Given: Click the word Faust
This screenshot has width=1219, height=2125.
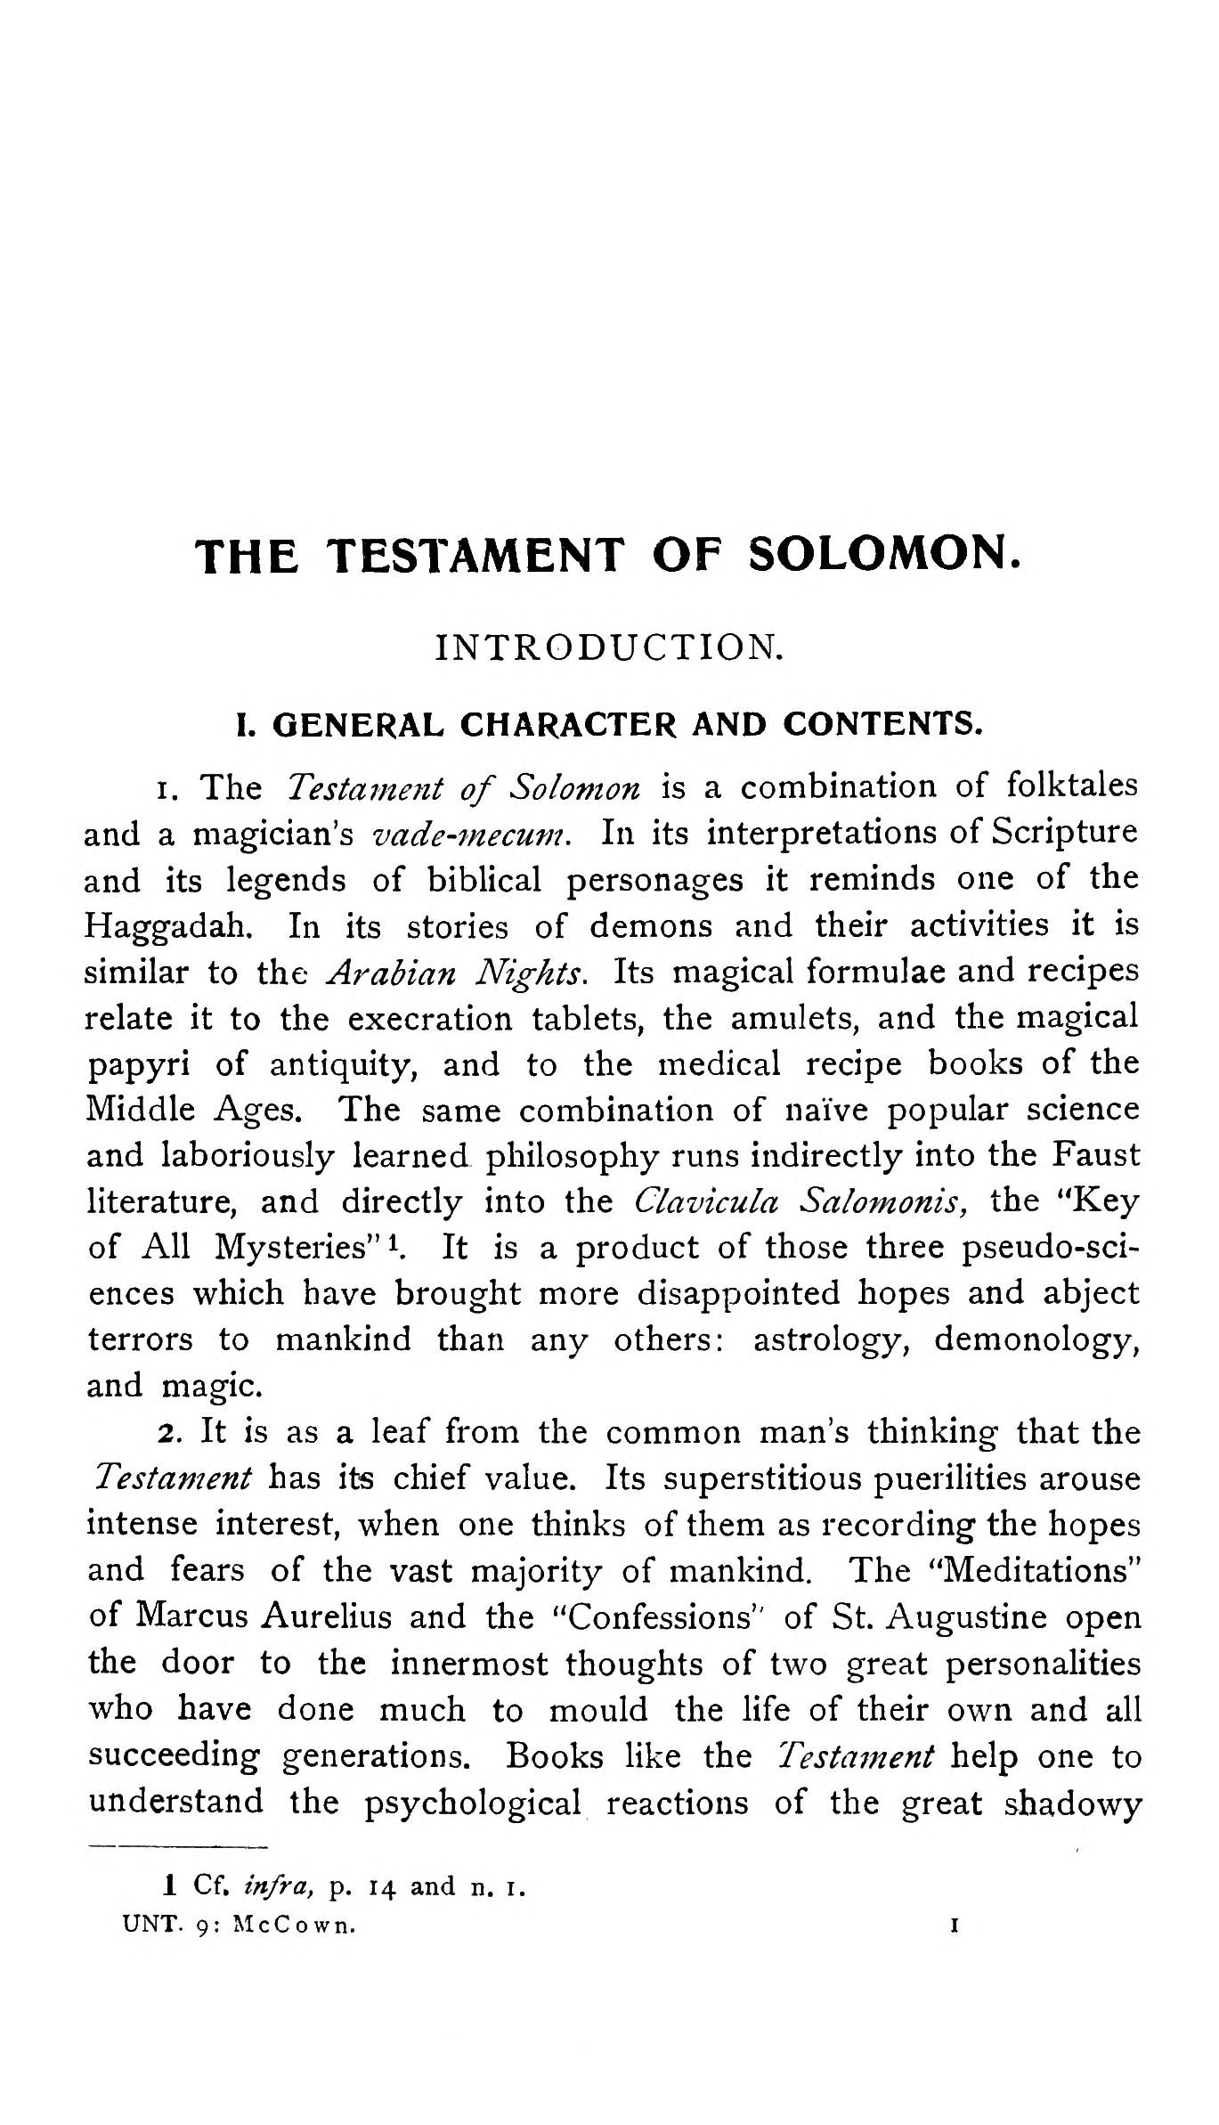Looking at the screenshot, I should [1094, 1156].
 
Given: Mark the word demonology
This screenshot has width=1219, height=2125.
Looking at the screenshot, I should [1036, 1339].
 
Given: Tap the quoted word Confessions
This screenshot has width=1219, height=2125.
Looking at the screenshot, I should [661, 1616].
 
